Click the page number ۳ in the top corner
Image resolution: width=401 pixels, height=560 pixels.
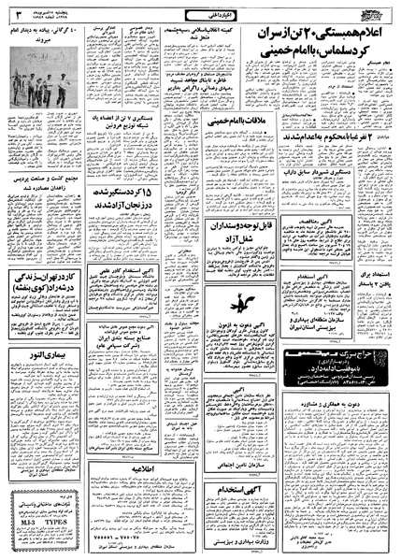[x=16, y=13]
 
